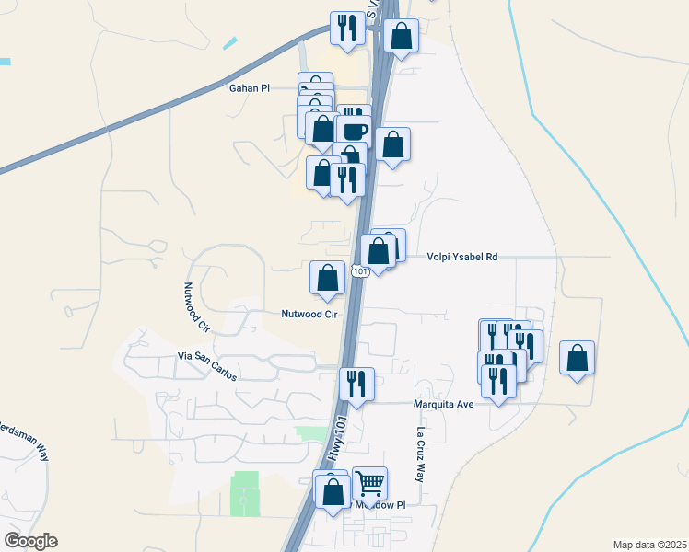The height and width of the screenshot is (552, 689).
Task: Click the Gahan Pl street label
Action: (249, 88)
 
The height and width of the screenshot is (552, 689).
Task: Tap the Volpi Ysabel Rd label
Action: (461, 258)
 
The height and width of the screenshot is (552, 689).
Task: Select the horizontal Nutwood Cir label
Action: (309, 314)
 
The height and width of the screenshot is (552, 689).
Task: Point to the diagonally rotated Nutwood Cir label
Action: (197, 307)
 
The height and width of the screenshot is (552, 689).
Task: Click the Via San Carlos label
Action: (208, 366)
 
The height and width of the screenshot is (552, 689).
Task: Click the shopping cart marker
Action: (369, 483)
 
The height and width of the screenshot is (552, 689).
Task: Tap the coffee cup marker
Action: (354, 131)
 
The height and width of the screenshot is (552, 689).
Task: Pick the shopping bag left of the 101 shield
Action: (327, 278)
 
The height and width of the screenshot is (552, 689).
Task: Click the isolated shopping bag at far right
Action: (577, 358)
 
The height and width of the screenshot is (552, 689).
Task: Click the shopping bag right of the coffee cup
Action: (392, 145)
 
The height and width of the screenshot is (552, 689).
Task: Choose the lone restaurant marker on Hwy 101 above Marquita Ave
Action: (356, 384)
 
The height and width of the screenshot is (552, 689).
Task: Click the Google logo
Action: (30, 541)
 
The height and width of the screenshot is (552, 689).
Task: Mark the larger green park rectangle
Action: (245, 493)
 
